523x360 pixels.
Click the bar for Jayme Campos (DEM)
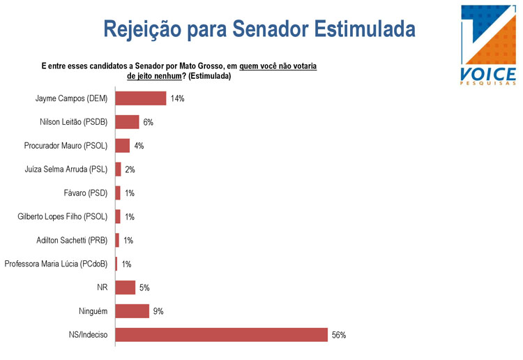pyautogui.click(x=140, y=98)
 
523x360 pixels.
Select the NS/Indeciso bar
pyautogui.click(x=221, y=334)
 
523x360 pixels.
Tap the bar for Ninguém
pyautogui.click(x=132, y=311)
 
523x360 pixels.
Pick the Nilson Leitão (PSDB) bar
pyautogui.click(x=127, y=122)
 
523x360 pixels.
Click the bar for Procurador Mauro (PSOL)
pyautogui.click(x=122, y=146)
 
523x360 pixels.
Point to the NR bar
pyautogui.click(x=125, y=287)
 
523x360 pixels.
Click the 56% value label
pyautogui.click(x=339, y=335)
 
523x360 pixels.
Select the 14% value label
pyautogui.click(x=177, y=99)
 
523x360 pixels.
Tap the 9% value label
pyautogui.click(x=158, y=311)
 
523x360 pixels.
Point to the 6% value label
pyautogui.click(x=148, y=123)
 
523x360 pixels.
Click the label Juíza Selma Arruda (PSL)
pyautogui.click(x=66, y=170)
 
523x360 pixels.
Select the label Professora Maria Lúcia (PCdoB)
pyautogui.click(x=56, y=264)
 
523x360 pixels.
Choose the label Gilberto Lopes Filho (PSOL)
pyautogui.click(x=62, y=216)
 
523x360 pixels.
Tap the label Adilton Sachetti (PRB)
pyautogui.click(x=71, y=240)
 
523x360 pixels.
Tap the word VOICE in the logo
pyautogui.click(x=488, y=73)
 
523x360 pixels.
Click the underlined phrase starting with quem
pyautogui.click(x=278, y=66)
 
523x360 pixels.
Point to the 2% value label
pyautogui.click(x=130, y=170)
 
